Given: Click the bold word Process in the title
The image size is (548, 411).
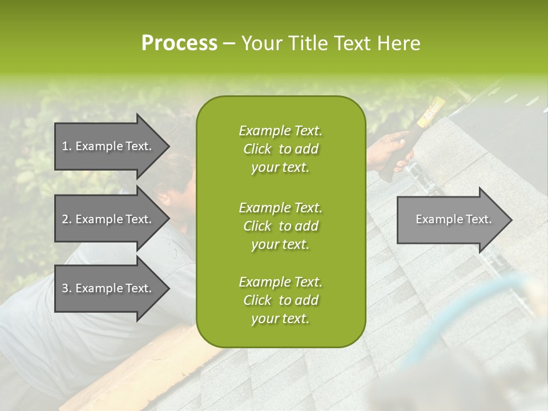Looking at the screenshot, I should pyautogui.click(x=179, y=43).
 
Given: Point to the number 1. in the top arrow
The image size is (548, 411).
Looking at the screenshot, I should pyautogui.click(x=66, y=146).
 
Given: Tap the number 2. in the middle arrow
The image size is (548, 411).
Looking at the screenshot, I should pyautogui.click(x=66, y=219).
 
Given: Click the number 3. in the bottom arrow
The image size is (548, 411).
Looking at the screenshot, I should pyautogui.click(x=66, y=288).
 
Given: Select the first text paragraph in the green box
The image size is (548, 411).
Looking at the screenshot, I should pyautogui.click(x=280, y=149).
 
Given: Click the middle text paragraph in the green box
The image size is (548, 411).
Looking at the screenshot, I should pyautogui.click(x=280, y=225).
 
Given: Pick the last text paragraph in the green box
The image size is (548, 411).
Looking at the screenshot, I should pyautogui.click(x=280, y=300).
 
